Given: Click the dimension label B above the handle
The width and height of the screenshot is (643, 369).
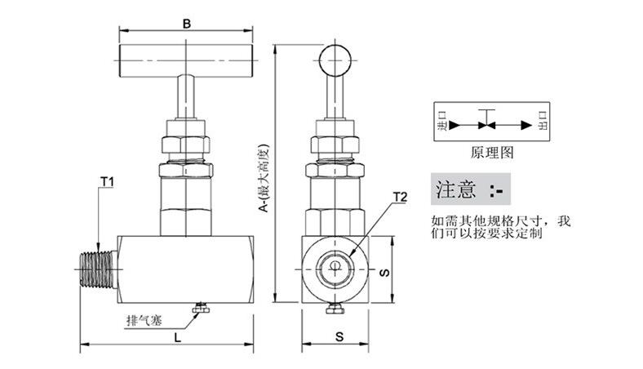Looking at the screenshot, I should click(187, 23).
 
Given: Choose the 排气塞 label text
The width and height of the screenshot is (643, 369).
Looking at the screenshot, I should click(142, 318).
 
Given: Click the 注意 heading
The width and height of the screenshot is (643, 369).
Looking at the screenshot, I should click(455, 191).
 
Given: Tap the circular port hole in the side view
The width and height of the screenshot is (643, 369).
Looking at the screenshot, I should click(335, 268).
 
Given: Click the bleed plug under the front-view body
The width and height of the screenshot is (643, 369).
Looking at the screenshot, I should click(199, 309).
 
